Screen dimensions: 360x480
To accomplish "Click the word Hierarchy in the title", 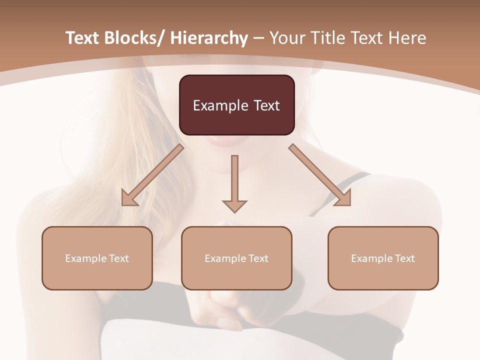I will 209,38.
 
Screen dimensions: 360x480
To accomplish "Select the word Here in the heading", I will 408,38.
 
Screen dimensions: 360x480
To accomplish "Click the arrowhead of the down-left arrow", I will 129,199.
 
